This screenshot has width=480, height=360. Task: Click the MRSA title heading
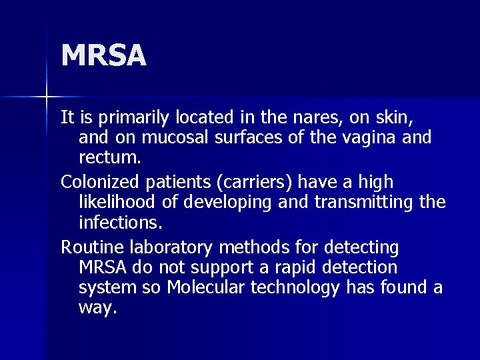click(103, 56)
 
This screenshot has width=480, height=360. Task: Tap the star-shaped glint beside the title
click(47, 97)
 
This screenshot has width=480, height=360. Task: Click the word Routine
click(91, 247)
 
